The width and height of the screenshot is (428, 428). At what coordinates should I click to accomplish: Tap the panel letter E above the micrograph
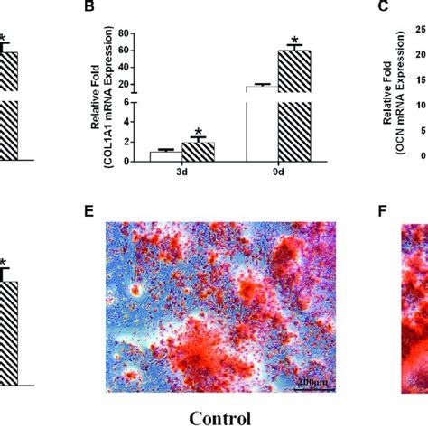[x=88, y=214]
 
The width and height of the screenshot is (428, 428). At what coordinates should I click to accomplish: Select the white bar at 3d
[x=162, y=156]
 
